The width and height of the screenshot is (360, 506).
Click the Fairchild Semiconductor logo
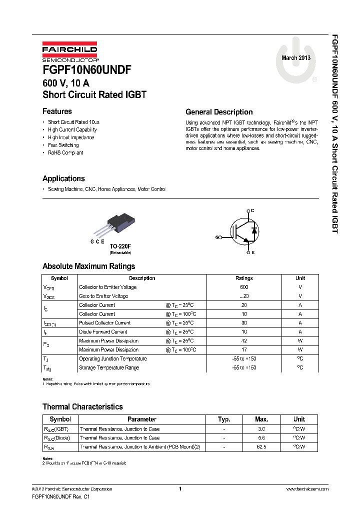[69, 52]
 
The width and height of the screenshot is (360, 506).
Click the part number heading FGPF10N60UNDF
[87, 71]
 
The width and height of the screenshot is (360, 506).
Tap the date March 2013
[296, 58]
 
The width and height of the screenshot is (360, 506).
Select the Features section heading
[57, 111]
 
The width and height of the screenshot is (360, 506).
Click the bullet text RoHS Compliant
[65, 153]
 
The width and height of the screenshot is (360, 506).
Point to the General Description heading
[219, 112]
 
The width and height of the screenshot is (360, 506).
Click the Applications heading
[63, 178]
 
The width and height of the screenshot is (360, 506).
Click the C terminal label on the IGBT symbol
[253, 210]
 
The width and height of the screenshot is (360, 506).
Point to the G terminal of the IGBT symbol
[217, 237]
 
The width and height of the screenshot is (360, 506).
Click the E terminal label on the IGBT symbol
[253, 252]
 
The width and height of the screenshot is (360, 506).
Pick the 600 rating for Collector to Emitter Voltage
[244, 287]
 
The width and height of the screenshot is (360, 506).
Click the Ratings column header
[244, 278]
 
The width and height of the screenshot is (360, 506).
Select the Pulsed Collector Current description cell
[105, 323]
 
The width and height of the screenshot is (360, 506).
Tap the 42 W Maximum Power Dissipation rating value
[244, 341]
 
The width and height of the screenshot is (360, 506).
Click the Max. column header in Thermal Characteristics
[261, 419]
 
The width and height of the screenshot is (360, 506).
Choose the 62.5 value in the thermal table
[261, 446]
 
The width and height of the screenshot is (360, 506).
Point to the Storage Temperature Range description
[109, 368]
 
